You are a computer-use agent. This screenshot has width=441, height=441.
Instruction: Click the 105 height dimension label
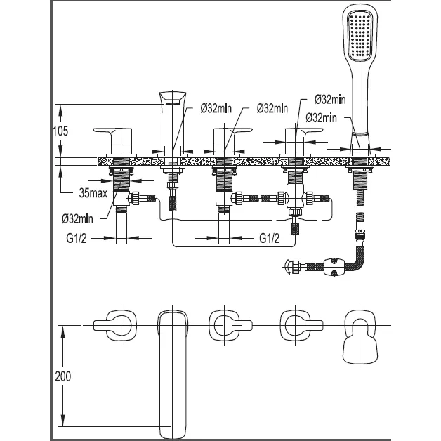(x=61, y=131)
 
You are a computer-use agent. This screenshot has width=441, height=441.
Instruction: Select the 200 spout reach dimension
(x=62, y=376)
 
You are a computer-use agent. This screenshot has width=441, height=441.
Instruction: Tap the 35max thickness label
(x=93, y=193)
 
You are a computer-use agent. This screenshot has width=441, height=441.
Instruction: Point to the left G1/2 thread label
(x=77, y=238)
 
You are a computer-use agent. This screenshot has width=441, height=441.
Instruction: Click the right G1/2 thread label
(x=270, y=238)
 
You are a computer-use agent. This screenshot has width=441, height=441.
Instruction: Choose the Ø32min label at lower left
(x=77, y=218)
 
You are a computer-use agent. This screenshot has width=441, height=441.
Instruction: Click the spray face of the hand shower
(x=360, y=34)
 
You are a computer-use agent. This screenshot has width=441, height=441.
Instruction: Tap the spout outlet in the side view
(x=173, y=102)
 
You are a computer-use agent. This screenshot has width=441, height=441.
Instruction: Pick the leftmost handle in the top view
(x=114, y=325)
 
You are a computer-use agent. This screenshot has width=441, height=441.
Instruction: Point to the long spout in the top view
(x=173, y=374)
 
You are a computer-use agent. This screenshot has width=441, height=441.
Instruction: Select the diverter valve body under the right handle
(x=295, y=198)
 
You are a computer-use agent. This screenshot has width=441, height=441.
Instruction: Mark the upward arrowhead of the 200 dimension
(x=62, y=332)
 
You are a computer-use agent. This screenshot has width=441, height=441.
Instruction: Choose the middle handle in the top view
(x=230, y=325)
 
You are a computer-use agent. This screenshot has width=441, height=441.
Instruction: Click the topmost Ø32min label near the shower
(x=330, y=100)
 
